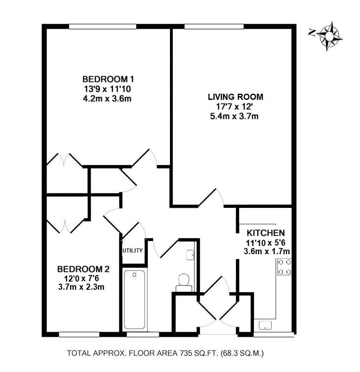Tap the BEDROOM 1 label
coord(109,79)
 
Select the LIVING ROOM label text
coord(235,97)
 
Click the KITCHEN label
coord(263,233)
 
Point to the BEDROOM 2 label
coord(83,269)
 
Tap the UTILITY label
coord(132,250)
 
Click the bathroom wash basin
coord(190,255)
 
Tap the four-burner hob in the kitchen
coord(284,267)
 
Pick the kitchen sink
coord(266,325)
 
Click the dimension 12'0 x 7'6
coord(81,278)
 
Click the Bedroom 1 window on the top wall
coord(102,27)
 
